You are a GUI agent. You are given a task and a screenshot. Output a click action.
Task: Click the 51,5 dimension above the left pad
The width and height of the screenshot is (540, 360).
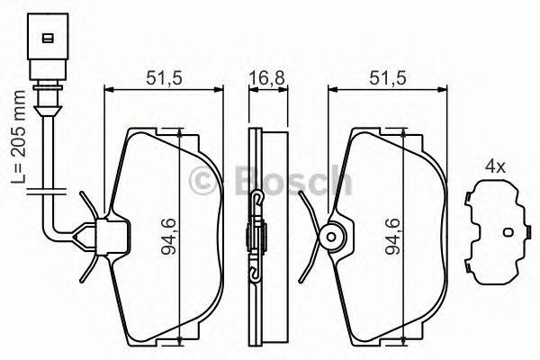click(163, 78)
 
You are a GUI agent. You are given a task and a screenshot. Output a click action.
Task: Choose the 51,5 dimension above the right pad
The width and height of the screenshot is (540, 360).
click(386, 78)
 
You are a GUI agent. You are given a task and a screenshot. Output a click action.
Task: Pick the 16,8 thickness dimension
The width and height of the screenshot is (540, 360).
click(261, 78)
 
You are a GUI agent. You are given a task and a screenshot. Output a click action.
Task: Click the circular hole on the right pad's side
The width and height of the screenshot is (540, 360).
click(330, 238)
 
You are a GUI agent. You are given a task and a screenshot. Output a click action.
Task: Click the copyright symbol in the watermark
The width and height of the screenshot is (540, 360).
click(206, 182)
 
